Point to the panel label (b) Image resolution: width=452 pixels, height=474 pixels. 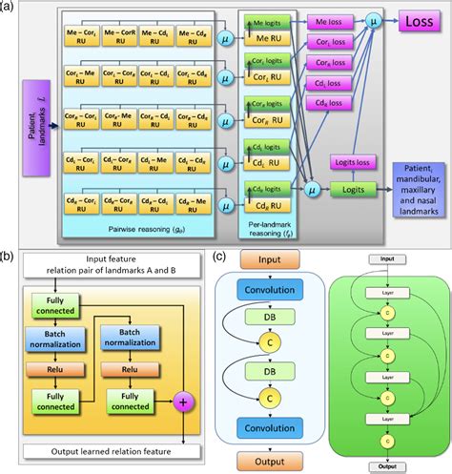click(x=7, y=256)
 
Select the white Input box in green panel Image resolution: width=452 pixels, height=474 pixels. click(x=387, y=258)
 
